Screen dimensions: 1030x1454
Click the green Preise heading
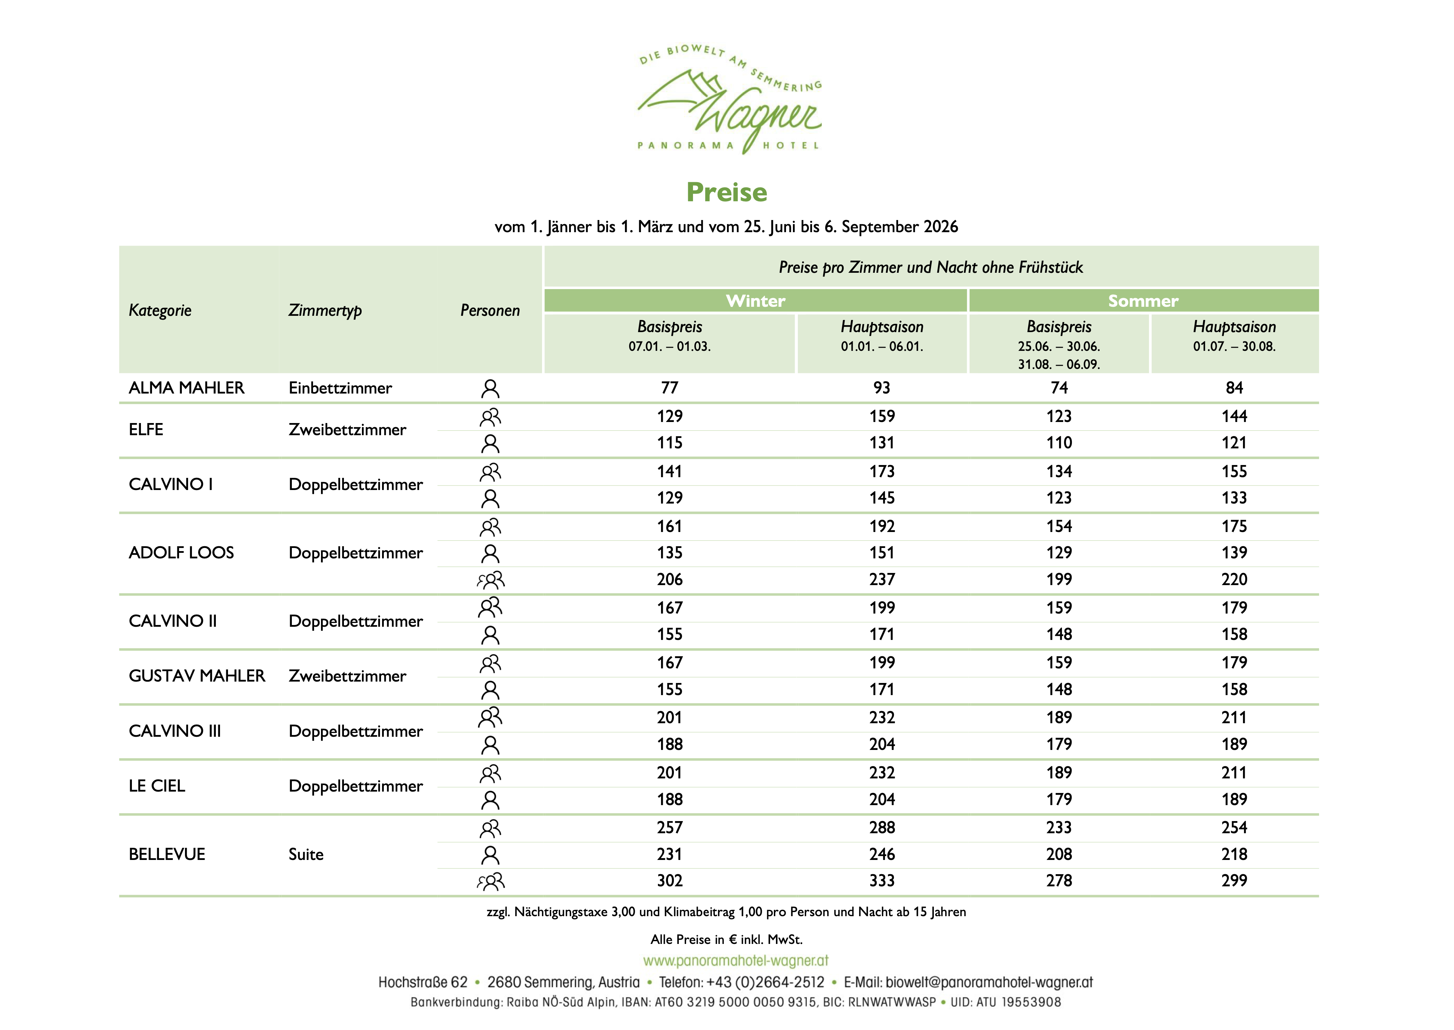coord(727,192)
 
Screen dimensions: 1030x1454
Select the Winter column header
coord(755,301)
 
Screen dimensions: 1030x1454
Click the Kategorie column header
coord(160,310)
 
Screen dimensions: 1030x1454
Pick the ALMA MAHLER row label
coord(186,388)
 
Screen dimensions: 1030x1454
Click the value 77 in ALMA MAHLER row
coord(670,388)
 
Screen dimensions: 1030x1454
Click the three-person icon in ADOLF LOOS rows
coord(491,580)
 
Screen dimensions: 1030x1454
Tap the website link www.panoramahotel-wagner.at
coord(736,961)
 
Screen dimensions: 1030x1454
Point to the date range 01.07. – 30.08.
coord(1234,346)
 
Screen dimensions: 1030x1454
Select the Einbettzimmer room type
coord(340,388)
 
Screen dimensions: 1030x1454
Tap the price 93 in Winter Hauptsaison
coord(881,388)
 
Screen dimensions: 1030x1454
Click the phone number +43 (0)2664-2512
coord(765,982)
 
